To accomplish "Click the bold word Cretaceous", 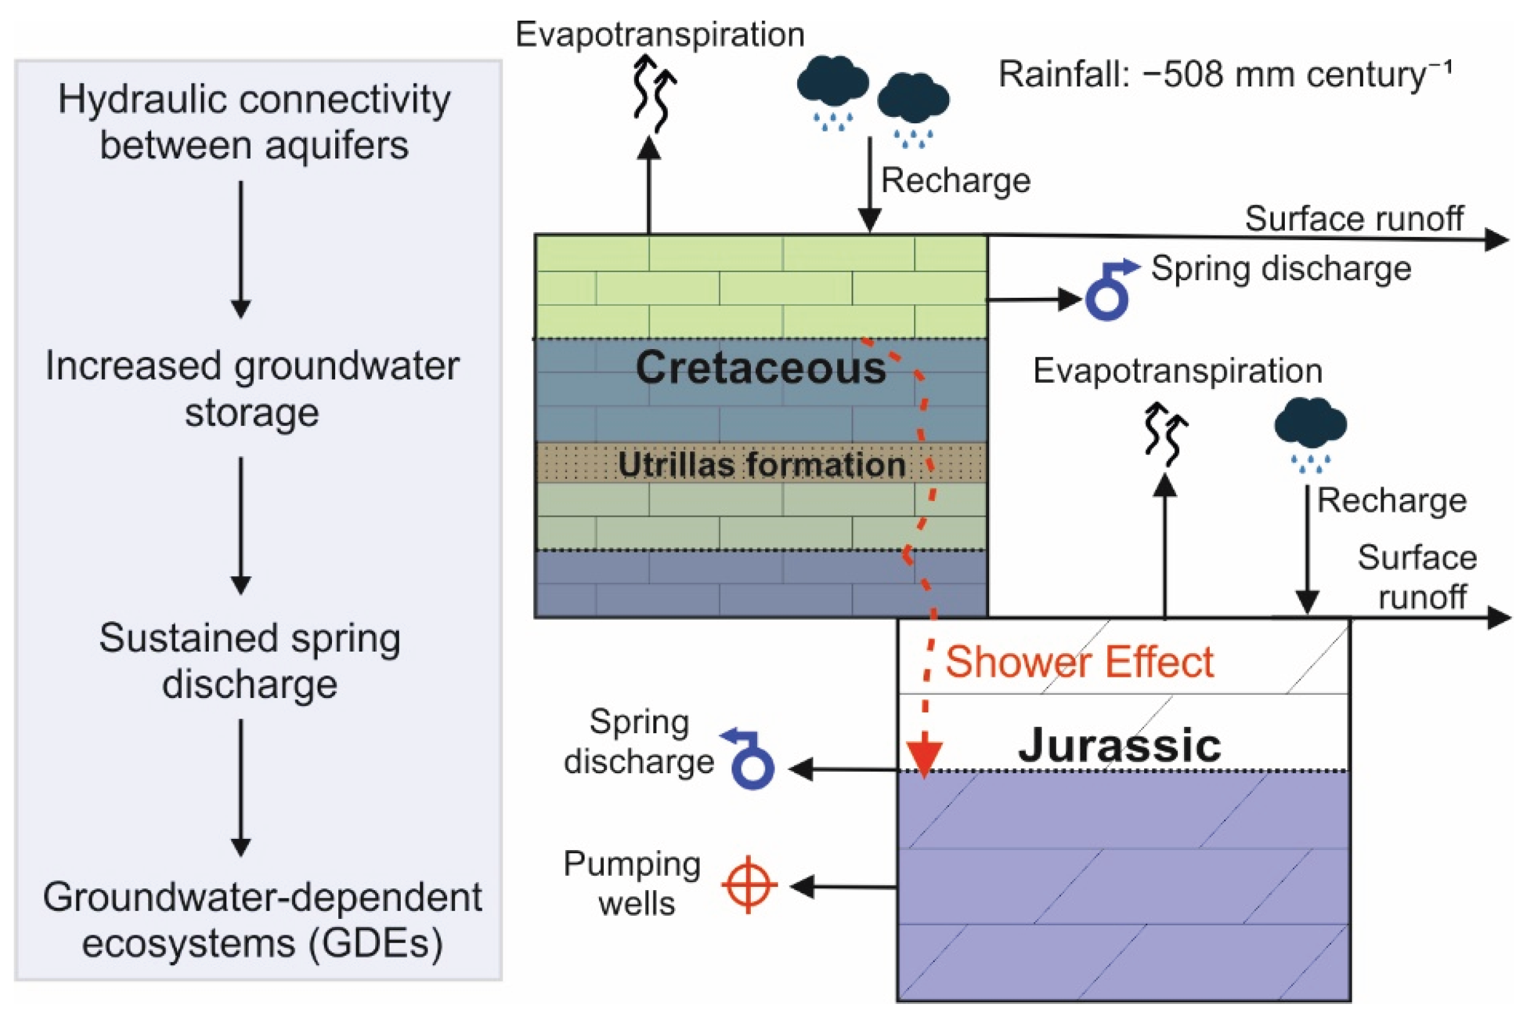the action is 760,368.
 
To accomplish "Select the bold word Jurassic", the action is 1120,746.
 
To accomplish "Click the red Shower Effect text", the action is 1078,662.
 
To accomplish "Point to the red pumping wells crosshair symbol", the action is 749,885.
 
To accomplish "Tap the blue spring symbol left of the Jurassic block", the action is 748,759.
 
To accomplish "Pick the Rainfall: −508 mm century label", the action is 1225,74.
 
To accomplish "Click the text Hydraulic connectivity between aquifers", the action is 254,122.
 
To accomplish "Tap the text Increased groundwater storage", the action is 252,388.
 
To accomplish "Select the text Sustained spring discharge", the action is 249,661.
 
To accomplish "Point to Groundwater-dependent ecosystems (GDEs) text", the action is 263,920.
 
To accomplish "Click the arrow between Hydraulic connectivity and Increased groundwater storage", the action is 241,250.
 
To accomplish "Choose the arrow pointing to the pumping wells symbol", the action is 843,886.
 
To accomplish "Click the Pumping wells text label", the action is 632,885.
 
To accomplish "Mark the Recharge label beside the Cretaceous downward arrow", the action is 955,180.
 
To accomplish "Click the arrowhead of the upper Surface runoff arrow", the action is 1496,240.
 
